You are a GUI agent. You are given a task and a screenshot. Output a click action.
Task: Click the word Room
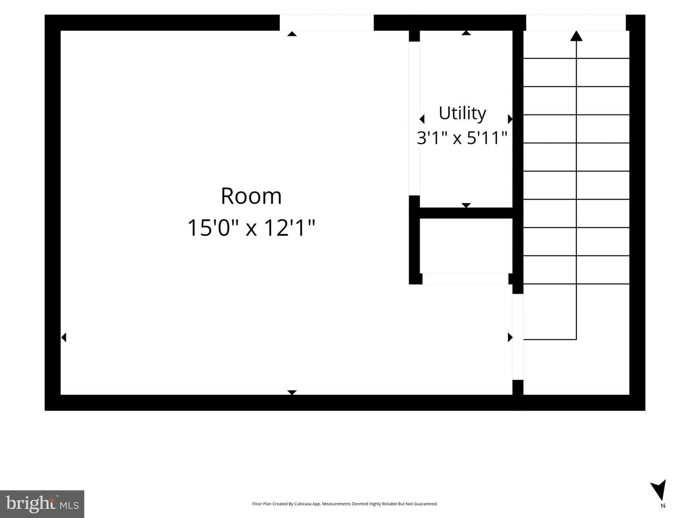[251, 196]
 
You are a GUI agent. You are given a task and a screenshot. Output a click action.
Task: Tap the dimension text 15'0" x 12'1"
[251, 228]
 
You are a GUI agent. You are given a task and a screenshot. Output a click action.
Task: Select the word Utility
[462, 114]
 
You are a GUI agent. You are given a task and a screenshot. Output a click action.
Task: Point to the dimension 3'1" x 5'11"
[462, 138]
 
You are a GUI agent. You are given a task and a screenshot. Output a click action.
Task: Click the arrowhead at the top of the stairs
[576, 35]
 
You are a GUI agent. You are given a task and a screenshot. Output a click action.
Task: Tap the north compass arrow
[659, 494]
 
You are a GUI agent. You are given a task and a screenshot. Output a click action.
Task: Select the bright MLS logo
[42, 504]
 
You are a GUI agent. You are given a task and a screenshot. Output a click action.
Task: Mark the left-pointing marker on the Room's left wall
[64, 337]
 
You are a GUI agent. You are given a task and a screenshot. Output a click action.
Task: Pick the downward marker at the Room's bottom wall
[292, 392]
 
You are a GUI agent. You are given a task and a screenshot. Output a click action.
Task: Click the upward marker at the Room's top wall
[292, 34]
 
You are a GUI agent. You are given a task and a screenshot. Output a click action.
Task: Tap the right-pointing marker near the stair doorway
[510, 337]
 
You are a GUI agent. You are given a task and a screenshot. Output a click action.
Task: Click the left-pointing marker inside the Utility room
[422, 119]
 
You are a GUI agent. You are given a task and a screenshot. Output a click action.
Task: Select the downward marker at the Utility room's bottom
[466, 205]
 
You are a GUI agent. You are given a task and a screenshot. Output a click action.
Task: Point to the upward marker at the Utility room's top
[466, 33]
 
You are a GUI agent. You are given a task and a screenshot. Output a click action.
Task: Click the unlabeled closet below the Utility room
[466, 246]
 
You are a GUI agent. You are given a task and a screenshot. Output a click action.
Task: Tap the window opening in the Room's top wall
[327, 23]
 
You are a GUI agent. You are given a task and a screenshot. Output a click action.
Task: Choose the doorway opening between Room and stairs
[517, 337]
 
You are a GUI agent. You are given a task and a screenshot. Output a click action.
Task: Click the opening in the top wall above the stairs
[576, 23]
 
